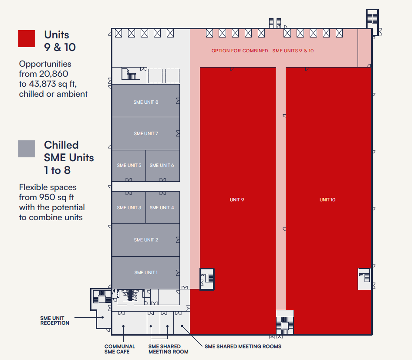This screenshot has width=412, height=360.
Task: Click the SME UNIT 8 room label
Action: coord(146,102)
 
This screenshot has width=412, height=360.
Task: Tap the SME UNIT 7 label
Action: coord(146,134)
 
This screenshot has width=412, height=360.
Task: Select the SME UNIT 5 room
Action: coord(129,166)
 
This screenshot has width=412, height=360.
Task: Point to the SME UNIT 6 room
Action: coord(162,166)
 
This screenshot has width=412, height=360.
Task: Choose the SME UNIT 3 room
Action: coord(129,207)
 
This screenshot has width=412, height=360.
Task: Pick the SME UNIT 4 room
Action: coord(162,207)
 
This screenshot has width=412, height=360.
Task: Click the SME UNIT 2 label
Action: coord(146,240)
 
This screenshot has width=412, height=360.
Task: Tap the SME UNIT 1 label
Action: coord(146,272)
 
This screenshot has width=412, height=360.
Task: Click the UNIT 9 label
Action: coord(237,200)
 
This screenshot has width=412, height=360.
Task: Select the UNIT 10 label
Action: coord(328,200)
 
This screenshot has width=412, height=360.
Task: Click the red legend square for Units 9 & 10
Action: coord(27,39)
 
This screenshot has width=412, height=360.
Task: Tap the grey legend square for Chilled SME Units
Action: coord(27,149)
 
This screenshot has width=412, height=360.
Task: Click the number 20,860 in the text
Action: coord(54,74)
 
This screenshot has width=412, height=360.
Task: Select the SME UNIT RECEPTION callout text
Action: coord(54,320)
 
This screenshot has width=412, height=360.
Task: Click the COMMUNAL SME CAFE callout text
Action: coord(120,349)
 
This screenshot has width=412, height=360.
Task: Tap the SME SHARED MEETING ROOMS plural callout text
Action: coord(243,346)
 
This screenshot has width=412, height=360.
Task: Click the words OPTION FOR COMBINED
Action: coord(240,51)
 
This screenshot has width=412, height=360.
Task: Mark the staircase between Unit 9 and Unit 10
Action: coord(285,323)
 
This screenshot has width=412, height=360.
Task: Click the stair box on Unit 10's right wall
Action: coord(365,279)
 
